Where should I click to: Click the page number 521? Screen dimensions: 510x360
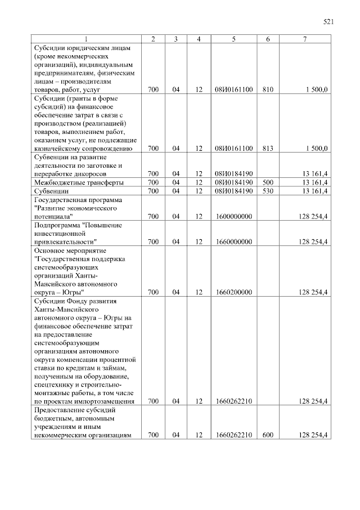pos(329,22)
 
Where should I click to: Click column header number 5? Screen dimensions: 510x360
pos(233,39)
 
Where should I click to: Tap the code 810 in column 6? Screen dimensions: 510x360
pos(268,90)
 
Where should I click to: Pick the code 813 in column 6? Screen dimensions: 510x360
pos(268,149)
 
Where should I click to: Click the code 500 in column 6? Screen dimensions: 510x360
pos(268,182)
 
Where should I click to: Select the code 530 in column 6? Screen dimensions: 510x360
pos(268,191)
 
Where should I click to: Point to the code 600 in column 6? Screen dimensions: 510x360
pos(268,435)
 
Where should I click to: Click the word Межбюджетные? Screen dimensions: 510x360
pos(57,182)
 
